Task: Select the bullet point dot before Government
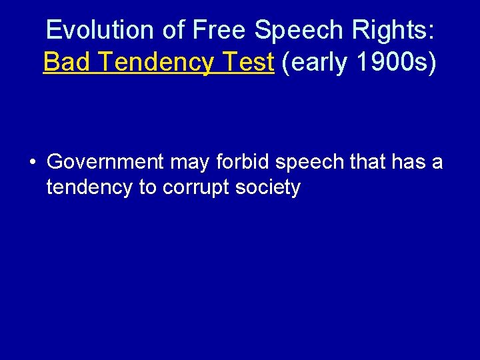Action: [x=32, y=162]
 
